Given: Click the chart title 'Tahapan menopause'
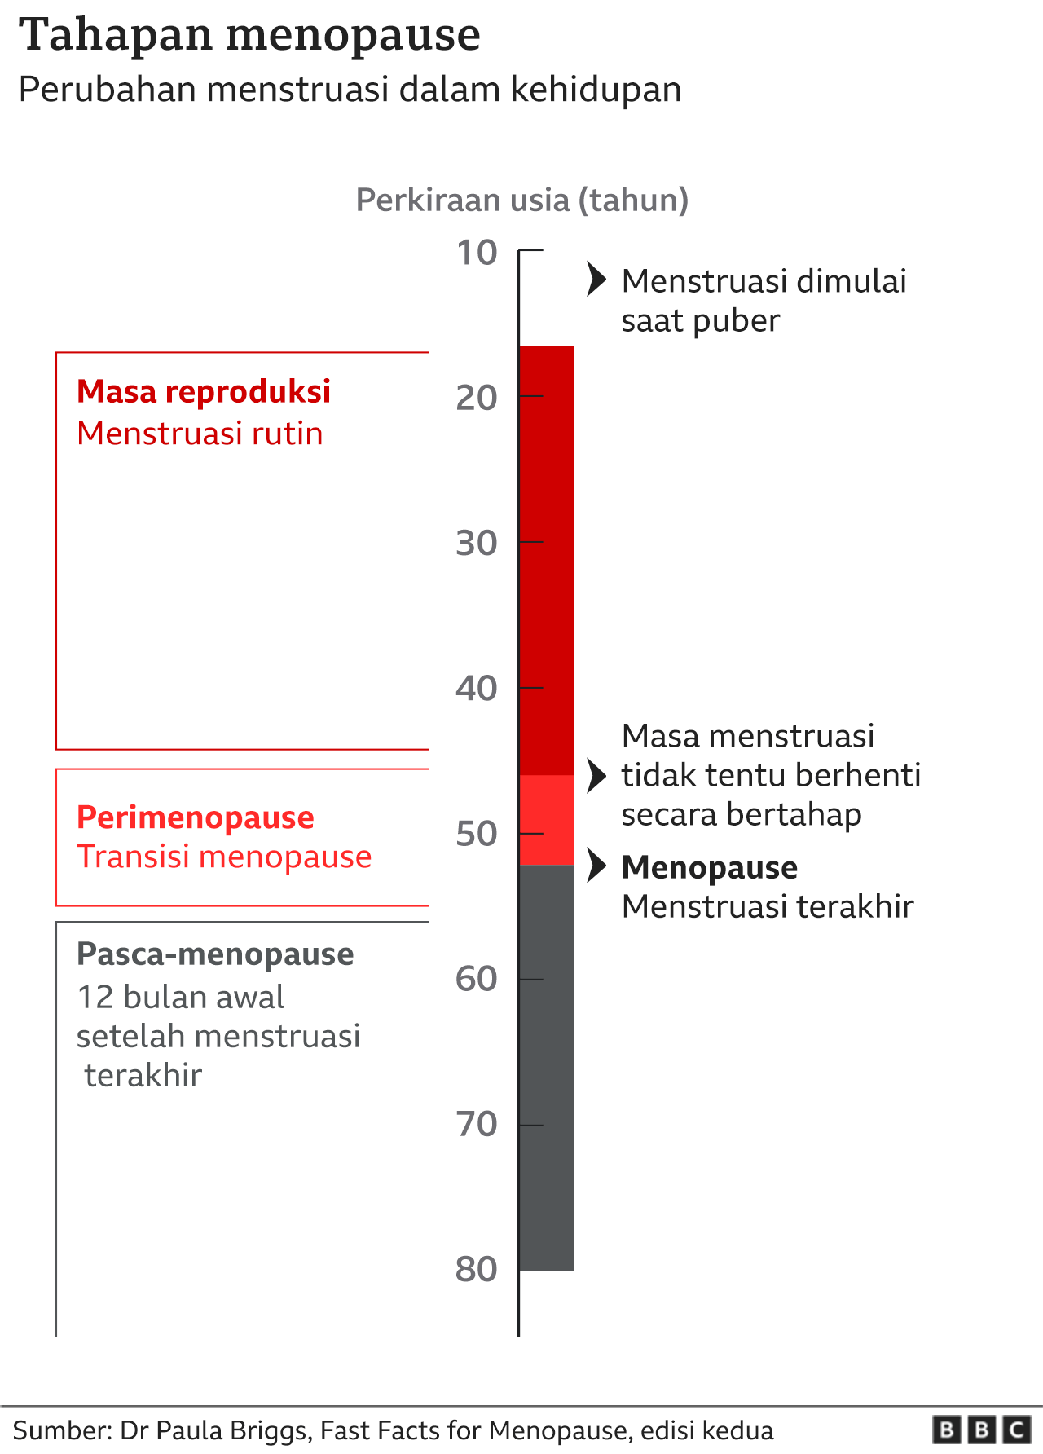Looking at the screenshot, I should [249, 35].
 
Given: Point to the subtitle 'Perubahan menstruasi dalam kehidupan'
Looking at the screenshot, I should [350, 90].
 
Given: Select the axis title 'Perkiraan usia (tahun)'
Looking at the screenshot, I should [522, 200].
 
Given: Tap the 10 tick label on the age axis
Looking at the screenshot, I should [477, 253].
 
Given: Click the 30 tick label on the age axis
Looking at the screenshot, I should [477, 543].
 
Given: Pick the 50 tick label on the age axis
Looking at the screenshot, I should [477, 834].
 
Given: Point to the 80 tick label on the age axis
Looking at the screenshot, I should [477, 1269].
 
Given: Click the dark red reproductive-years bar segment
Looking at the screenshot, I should [546, 560].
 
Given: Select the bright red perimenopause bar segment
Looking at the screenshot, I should [546, 820].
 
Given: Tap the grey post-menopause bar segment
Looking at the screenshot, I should [546, 1068].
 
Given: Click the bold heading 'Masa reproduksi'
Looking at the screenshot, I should [204, 392].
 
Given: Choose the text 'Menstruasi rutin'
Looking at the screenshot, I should [200, 434].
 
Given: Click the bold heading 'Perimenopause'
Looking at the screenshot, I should [195, 817].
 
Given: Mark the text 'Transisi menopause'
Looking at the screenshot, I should [224, 857].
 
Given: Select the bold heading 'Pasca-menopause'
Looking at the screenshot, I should [215, 954].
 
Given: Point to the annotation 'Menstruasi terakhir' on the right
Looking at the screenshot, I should [768, 906].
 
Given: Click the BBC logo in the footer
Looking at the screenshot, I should [982, 1430].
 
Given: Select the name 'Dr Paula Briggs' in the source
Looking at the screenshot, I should [215, 1430].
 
